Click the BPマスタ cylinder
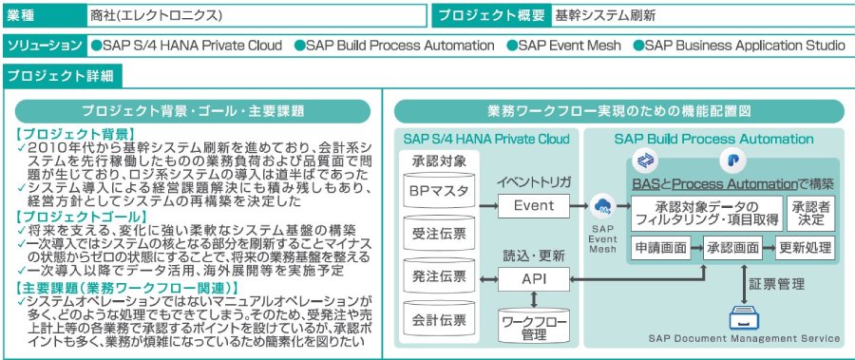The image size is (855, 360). [x=438, y=190]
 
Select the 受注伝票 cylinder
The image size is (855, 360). [x=438, y=234]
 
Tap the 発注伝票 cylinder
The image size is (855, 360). [x=438, y=276]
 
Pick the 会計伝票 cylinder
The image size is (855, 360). [x=438, y=318]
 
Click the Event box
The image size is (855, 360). [x=534, y=205]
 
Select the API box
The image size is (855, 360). [x=534, y=279]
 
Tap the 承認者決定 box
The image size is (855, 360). [x=810, y=214]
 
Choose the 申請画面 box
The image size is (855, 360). [x=661, y=248]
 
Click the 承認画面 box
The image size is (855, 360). [x=732, y=248]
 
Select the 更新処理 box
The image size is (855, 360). [x=805, y=248]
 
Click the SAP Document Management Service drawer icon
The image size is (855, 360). [x=744, y=318]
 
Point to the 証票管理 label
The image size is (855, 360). [x=776, y=284]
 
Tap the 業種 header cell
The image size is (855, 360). [x=44, y=16]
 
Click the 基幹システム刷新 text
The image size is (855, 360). [x=604, y=16]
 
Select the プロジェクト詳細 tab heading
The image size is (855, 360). [x=62, y=76]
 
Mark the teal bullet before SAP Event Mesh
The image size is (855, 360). [x=512, y=46]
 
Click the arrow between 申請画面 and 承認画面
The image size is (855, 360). [x=697, y=248]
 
